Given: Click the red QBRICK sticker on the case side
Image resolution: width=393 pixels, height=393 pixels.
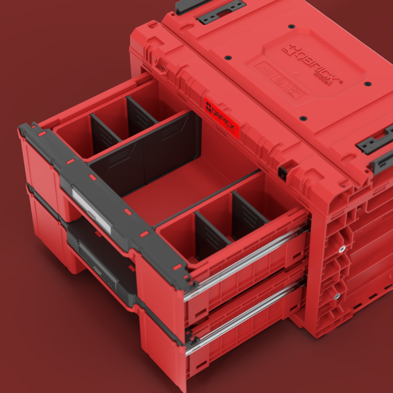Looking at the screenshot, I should pyautogui.click(x=222, y=119).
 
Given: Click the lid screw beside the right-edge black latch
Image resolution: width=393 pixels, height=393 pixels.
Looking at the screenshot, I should pyautogui.click(x=368, y=83).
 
